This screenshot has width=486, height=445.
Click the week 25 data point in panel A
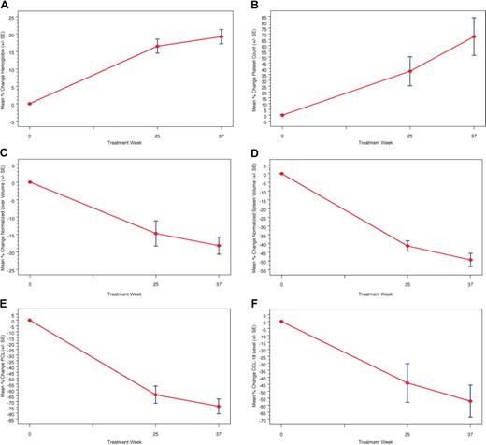click(x=157, y=46)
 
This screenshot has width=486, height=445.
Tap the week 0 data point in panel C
click(x=30, y=182)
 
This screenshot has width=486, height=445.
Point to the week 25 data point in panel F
click(x=407, y=382)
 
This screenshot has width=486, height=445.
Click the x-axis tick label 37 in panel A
click(x=221, y=134)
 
